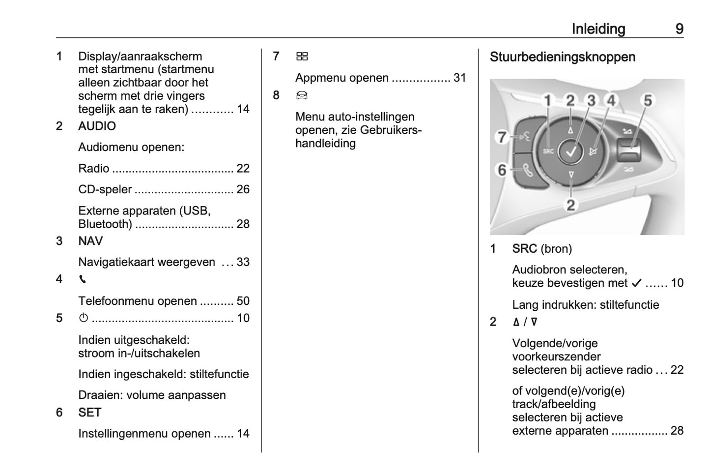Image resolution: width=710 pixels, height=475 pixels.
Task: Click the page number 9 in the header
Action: tap(679, 29)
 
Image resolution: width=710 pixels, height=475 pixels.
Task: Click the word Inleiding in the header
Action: tap(598, 29)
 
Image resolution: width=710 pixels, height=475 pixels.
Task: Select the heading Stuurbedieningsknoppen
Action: tap(562, 57)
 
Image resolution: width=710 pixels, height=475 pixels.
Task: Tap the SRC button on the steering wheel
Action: tap(548, 151)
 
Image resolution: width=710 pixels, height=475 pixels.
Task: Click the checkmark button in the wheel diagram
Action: tap(571, 151)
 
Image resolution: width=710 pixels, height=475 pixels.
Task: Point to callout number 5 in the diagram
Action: tap(648, 101)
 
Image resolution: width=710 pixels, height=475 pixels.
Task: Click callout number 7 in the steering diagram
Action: tap(501, 137)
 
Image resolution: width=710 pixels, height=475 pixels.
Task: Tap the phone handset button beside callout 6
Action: tap(528, 171)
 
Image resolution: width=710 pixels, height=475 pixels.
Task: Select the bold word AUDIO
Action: tap(97, 126)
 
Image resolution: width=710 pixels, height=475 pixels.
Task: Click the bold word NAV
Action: tap(90, 241)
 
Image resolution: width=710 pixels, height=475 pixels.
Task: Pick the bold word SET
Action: tap(89, 413)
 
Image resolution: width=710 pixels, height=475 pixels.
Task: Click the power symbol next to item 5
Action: tap(83, 318)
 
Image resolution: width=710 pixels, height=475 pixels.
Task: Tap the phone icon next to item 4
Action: tap(82, 279)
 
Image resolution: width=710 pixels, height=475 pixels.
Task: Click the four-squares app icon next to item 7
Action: tap(302, 57)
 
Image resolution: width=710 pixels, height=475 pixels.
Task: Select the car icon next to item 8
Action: tap(302, 95)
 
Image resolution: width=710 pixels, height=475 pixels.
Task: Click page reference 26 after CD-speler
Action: tap(243, 189)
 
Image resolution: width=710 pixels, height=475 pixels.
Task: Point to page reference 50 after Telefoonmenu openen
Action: tap(243, 301)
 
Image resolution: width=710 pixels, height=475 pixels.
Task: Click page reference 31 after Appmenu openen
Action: tap(459, 78)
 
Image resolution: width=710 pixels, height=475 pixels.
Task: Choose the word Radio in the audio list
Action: tap(93, 168)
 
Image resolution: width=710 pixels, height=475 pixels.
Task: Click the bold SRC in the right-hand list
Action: tap(524, 249)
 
